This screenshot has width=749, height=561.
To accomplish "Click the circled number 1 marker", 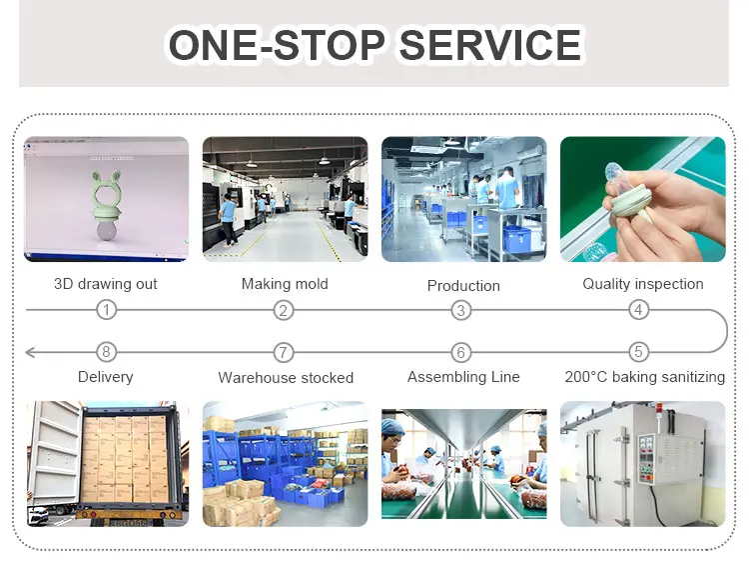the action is (107, 310).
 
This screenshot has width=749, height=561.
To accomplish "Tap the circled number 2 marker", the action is (285, 310).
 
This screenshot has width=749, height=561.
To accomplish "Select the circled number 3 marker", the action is (461, 310).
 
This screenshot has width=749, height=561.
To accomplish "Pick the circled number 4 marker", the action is (639, 310).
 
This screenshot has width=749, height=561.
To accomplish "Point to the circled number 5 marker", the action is (639, 352).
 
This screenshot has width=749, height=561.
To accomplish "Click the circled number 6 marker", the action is (461, 352).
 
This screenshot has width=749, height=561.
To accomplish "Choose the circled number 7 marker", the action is (285, 352).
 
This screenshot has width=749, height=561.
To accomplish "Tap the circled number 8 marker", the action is (107, 352).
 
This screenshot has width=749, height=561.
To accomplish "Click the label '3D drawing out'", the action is (106, 284).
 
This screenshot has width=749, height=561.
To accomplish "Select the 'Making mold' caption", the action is (285, 284).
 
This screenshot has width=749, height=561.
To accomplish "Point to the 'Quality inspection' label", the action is (643, 284).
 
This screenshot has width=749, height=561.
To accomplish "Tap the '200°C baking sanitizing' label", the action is (644, 377).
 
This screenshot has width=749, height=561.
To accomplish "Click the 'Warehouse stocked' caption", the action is (286, 378).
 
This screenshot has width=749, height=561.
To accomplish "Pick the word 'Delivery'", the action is (106, 377).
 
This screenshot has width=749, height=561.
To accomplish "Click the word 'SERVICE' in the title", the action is (489, 45).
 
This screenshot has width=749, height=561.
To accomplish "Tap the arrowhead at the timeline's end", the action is (31, 352).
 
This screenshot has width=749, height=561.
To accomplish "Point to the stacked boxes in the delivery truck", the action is (125, 461).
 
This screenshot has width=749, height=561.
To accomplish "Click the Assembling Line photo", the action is (463, 464).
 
